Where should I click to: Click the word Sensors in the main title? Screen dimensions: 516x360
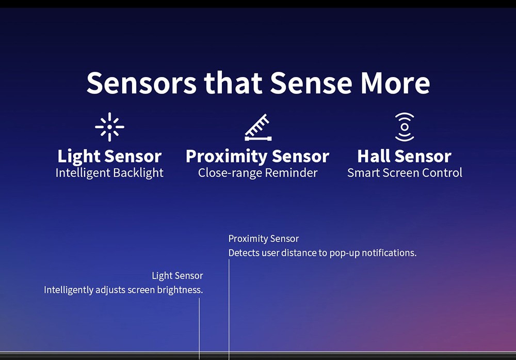(141, 83)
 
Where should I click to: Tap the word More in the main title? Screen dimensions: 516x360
(395, 83)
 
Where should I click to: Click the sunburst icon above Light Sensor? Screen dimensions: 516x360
(109, 127)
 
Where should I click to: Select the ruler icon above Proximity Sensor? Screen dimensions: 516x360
(259, 128)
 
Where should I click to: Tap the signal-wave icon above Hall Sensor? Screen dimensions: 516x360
(405, 127)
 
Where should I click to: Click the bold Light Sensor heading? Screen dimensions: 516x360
(109, 156)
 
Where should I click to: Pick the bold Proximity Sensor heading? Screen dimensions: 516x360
(257, 156)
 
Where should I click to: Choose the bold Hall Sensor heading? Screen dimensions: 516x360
(405, 156)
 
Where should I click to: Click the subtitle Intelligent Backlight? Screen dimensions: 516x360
(109, 173)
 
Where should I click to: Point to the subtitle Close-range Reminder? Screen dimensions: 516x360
(257, 173)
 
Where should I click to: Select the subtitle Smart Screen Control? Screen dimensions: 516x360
(405, 173)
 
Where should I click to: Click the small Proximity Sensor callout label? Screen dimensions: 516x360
(264, 239)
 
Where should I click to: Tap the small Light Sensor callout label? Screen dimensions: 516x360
(178, 276)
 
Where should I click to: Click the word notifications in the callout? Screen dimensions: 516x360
(389, 253)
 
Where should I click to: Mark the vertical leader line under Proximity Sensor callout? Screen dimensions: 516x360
(229, 309)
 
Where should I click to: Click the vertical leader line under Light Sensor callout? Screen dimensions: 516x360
(199, 328)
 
